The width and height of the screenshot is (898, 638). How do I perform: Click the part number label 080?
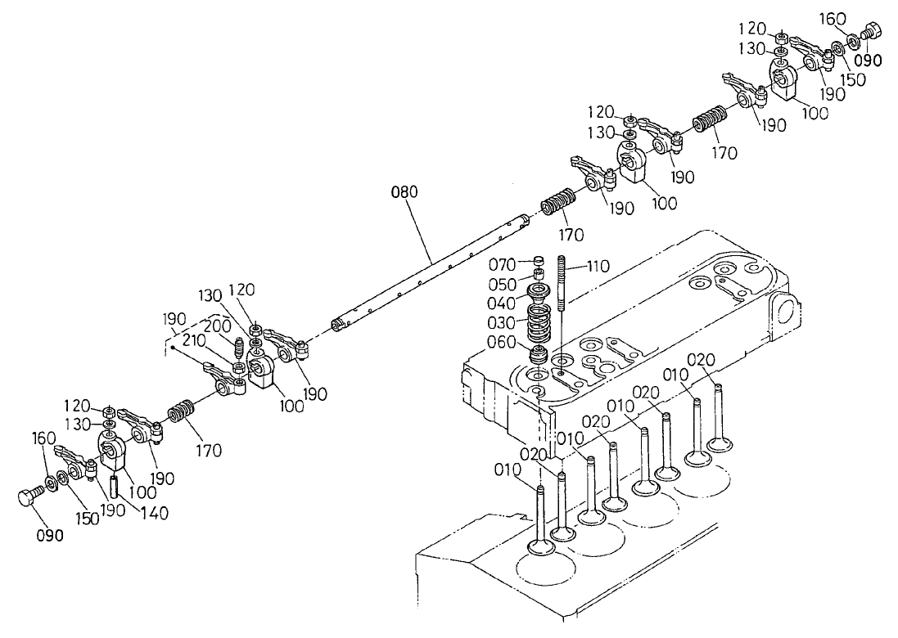pyautogui.click(x=404, y=193)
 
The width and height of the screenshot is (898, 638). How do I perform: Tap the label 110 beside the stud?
pyautogui.click(x=599, y=265)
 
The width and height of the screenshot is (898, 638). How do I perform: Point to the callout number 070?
pyautogui.click(x=501, y=264)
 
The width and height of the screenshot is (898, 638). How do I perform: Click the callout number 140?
pyautogui.click(x=153, y=513)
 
